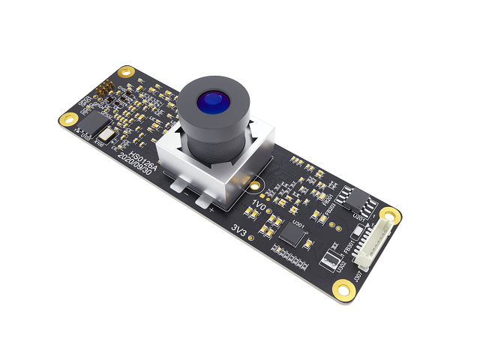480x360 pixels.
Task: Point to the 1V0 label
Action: tap(259, 205)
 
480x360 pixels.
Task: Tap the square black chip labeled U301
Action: tap(293, 235)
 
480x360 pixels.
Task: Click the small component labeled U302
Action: tap(331, 261)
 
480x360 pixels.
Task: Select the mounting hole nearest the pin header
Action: tap(125, 73)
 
